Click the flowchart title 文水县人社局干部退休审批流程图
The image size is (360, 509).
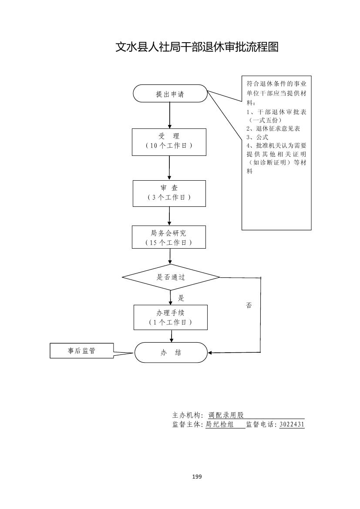click(197, 47)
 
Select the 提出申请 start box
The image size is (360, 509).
click(170, 94)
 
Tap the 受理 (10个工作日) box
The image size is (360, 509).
click(169, 142)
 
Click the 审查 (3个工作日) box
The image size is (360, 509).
click(169, 193)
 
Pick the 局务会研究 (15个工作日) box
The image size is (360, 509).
click(169, 237)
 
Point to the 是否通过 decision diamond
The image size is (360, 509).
click(171, 277)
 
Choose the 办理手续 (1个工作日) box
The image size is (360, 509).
click(171, 317)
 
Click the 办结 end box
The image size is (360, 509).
click(171, 353)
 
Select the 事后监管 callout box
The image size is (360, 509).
click(81, 351)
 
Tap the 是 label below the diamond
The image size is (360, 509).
click(181, 298)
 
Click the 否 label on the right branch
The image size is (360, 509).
click(249, 306)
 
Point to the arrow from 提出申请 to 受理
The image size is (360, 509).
click(169, 115)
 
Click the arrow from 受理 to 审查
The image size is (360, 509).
click(169, 168)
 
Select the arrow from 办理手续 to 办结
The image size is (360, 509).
click(172, 336)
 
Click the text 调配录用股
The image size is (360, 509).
click(226, 415)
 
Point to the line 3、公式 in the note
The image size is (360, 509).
click(257, 137)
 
